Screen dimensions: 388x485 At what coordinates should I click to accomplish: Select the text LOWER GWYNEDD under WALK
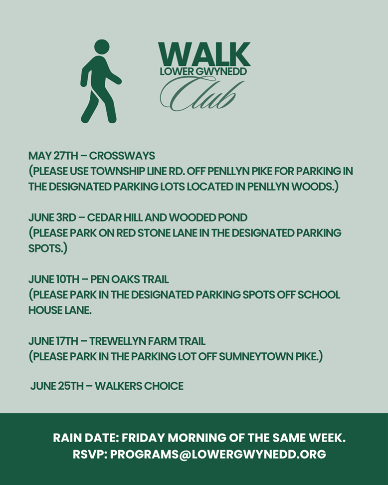pos(203,71)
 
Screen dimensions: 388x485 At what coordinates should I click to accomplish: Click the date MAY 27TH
pos(53,156)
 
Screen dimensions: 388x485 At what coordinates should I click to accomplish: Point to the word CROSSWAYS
pos(122,156)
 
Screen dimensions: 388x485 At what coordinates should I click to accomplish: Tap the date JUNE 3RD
pos(52,218)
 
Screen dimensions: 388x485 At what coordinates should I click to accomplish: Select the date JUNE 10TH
pos(54,279)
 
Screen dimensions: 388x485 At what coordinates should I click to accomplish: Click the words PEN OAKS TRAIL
pos(130,279)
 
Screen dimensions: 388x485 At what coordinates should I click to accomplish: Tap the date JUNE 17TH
pos(53,341)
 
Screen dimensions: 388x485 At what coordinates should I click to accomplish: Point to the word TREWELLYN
pos(118,341)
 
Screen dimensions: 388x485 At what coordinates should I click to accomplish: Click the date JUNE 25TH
pos(57,386)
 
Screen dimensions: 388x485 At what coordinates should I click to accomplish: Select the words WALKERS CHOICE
pos(139,386)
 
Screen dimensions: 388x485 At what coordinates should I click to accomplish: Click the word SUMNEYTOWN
pos(256,357)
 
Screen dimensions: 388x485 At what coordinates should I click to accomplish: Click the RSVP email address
pos(218,455)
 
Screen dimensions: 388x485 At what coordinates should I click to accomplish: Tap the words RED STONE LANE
pos(157,233)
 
